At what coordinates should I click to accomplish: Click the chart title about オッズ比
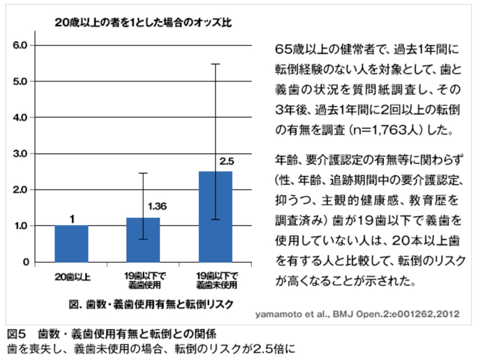[143, 22]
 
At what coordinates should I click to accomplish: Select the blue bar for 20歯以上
[72, 244]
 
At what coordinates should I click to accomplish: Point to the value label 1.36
[157, 206]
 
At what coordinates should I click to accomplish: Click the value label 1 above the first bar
[72, 219]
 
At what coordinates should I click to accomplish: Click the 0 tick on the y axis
[27, 262]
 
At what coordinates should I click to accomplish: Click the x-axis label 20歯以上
[72, 277]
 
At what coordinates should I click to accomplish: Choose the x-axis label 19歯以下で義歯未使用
[216, 280]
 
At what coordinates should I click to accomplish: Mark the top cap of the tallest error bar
[216, 64]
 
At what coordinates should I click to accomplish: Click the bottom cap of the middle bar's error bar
[144, 239]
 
